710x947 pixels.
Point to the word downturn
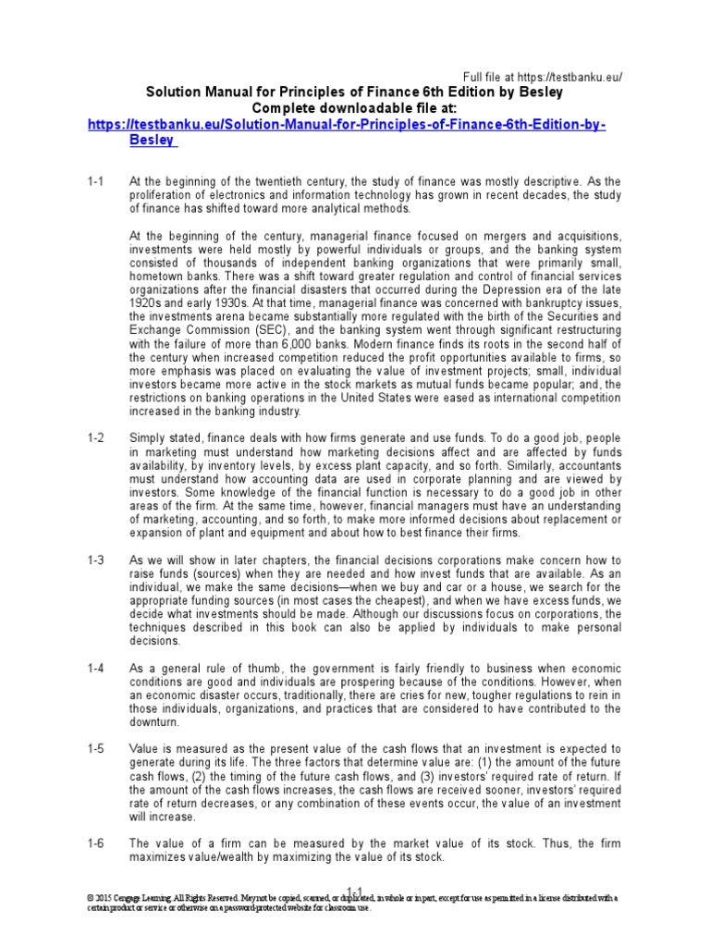(154, 721)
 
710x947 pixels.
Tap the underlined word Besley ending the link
(153, 141)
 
